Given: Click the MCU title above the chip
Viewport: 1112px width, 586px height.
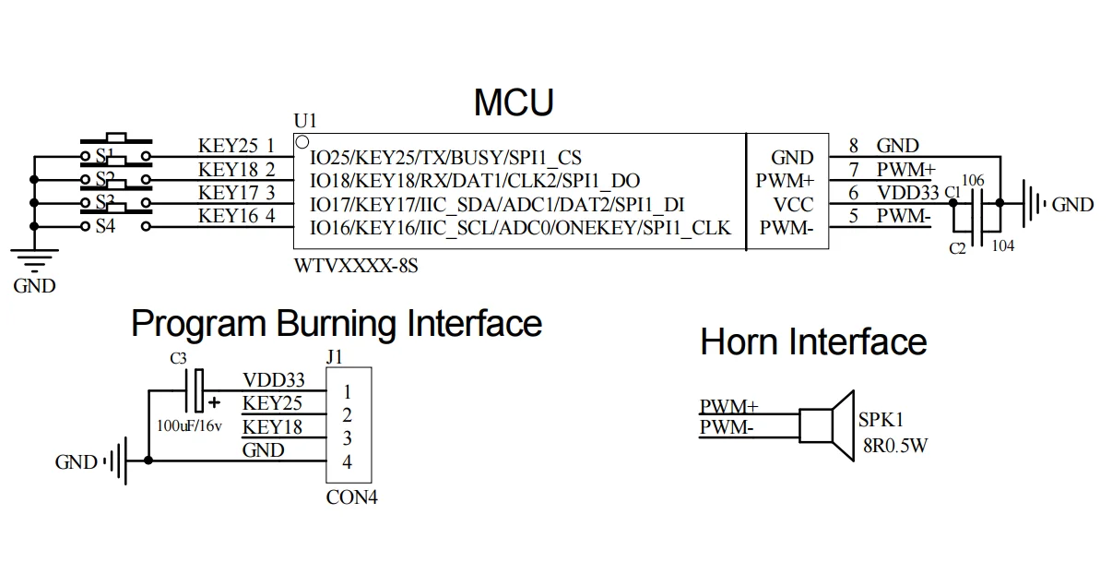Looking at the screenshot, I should (x=514, y=102).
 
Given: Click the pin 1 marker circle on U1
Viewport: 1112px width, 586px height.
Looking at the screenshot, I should (x=302, y=142).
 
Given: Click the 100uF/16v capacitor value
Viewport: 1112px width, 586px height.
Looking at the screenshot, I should (x=189, y=426).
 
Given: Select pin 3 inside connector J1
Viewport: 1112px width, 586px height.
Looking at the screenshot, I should (x=347, y=438).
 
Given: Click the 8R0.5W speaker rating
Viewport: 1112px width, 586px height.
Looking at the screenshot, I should (x=894, y=445).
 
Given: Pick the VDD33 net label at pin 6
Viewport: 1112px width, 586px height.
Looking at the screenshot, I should (x=907, y=193).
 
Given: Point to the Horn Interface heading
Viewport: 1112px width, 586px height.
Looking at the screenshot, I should (x=812, y=342).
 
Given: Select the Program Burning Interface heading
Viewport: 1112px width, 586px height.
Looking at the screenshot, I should (x=336, y=324).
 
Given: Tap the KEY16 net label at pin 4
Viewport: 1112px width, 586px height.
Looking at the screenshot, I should (x=230, y=217).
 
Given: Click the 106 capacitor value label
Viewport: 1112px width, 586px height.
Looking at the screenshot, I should (x=974, y=180).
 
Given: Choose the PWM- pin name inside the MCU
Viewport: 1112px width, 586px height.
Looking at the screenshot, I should (x=785, y=227).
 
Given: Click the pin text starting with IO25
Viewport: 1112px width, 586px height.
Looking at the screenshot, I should (x=445, y=158).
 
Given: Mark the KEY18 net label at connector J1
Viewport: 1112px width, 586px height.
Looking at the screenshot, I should (x=272, y=427).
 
